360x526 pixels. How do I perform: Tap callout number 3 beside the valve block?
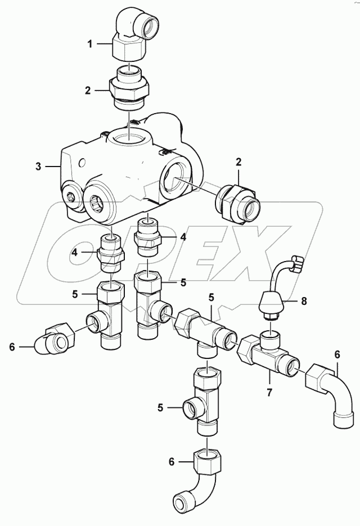(38, 167)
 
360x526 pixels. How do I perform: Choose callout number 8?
(304, 302)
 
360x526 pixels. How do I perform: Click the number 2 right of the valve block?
(238, 162)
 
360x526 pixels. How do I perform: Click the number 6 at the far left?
(12, 348)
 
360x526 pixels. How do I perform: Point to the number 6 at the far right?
(337, 354)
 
